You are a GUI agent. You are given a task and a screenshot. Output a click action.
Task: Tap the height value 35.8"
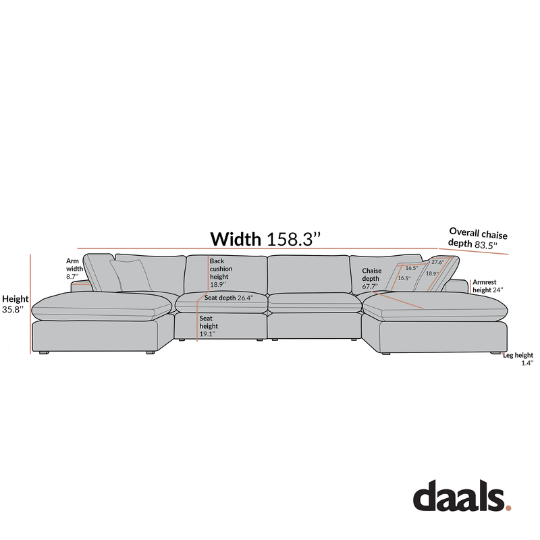[x=13, y=310]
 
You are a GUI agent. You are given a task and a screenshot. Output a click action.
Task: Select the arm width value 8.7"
[x=72, y=277]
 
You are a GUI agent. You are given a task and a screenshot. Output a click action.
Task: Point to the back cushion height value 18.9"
[x=218, y=285]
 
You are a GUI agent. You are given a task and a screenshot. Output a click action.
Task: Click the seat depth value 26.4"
[x=245, y=298]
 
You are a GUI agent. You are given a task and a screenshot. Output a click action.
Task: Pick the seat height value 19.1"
[x=207, y=334]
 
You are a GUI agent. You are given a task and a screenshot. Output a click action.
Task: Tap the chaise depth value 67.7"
[x=370, y=286]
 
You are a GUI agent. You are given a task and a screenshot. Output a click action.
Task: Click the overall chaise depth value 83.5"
[x=486, y=245]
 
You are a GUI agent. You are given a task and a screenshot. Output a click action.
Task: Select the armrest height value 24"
[x=497, y=290]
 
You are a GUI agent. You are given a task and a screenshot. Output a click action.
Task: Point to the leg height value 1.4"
[x=527, y=363]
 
